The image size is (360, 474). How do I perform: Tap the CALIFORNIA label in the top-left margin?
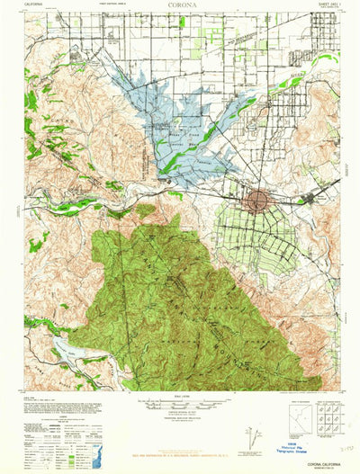pos(35,4)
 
